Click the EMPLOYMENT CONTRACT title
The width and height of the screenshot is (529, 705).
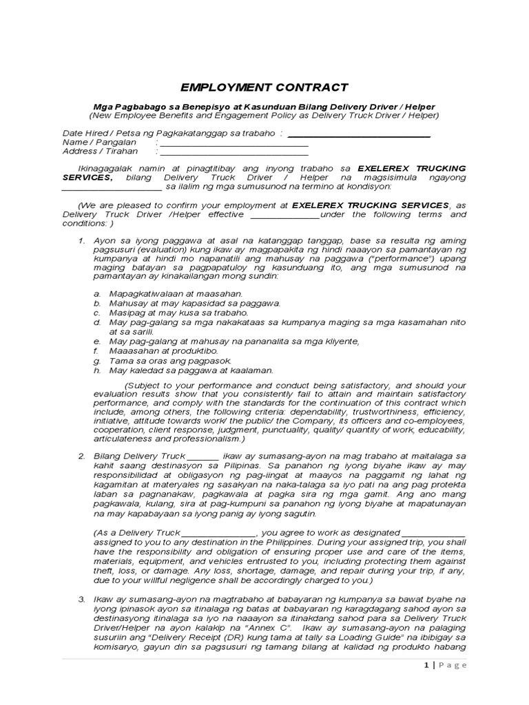(264, 87)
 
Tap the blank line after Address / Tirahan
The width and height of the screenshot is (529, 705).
(233, 153)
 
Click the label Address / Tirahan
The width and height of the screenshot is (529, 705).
(100, 151)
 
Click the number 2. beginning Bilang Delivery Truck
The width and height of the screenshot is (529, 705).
(81, 456)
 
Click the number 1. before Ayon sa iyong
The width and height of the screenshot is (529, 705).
(81, 240)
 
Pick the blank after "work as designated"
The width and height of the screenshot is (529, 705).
(433, 533)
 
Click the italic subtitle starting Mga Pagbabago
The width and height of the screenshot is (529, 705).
(264, 106)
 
